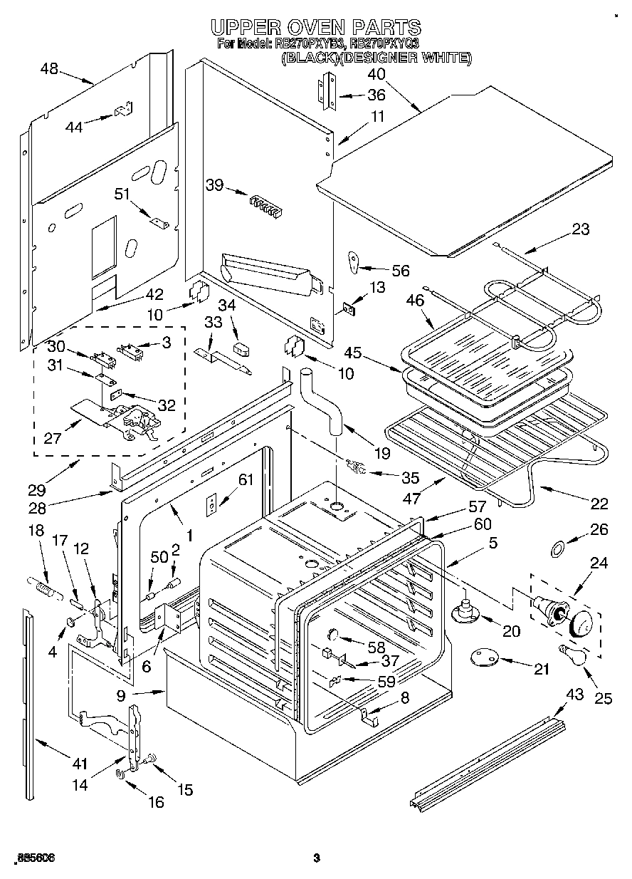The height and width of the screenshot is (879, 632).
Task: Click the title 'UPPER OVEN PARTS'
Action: coord(316,27)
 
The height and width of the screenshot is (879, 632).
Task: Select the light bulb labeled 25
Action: coord(574,652)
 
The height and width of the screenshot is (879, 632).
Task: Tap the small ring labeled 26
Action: coord(559,548)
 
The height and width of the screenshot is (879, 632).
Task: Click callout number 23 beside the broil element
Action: coord(581,229)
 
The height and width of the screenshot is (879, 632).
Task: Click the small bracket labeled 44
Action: coord(122,111)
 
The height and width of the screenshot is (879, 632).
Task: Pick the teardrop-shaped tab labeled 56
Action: coord(354,261)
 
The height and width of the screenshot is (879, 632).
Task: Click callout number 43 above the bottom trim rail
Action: coord(574,694)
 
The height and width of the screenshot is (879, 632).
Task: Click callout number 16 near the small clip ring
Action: coord(154,801)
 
